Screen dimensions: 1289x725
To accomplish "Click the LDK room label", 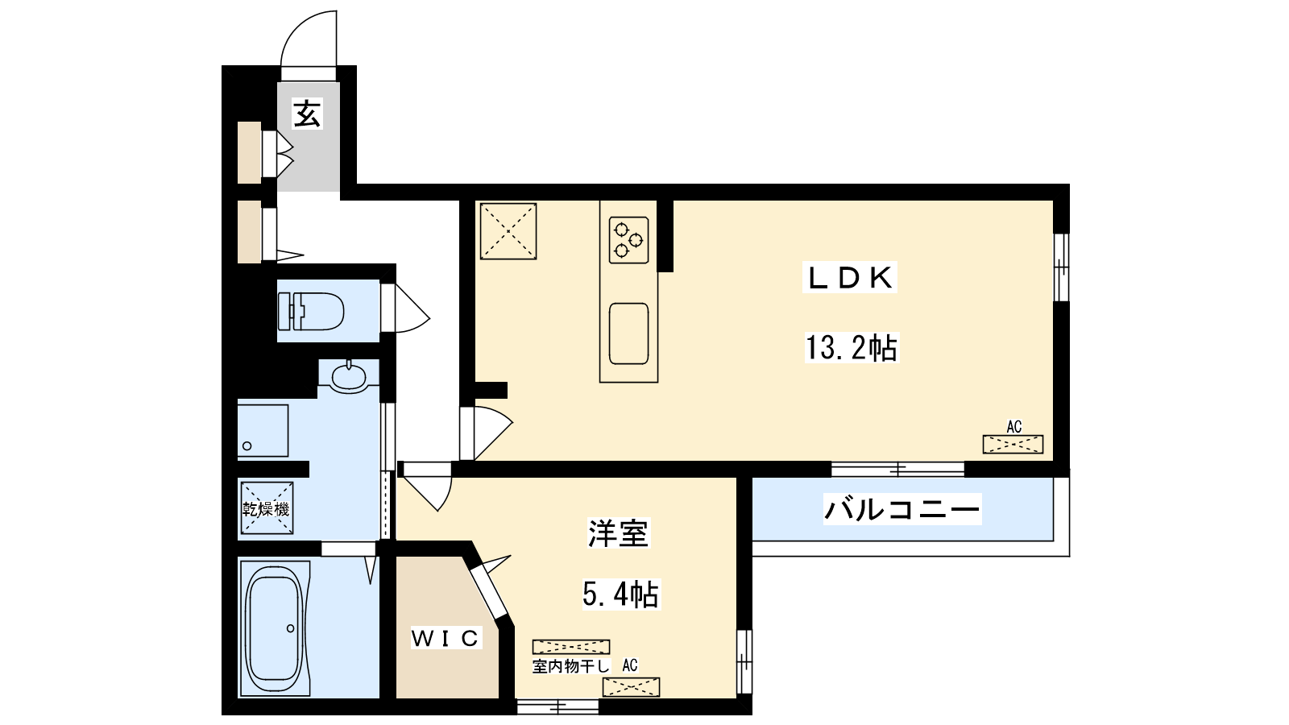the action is pos(850,279).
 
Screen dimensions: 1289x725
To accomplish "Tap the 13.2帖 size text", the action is pos(851,348).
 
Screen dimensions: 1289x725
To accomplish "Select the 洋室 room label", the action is pos(618,533).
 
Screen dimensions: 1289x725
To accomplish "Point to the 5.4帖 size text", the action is pos(620,594).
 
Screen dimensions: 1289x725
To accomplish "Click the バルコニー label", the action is pos(901,509).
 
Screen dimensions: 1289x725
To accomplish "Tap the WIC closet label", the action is pos(446,637).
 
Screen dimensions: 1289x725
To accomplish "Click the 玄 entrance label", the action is pos(307,114).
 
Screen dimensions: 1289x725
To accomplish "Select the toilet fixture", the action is pos(311,311).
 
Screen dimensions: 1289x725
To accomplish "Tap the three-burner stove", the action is pos(628,240).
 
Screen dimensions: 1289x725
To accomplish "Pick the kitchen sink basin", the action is pos(628,333).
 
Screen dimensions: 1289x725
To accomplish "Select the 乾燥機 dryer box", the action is pos(267,508).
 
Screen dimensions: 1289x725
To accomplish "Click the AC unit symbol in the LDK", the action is pos(1013,444).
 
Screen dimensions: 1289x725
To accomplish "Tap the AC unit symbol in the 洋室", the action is pos(632,687).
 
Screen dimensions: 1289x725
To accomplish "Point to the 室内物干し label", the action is pos(571,666).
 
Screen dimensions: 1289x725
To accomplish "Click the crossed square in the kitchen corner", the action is pos(508,231).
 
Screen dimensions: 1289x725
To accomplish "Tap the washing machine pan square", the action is pos(263,431).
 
